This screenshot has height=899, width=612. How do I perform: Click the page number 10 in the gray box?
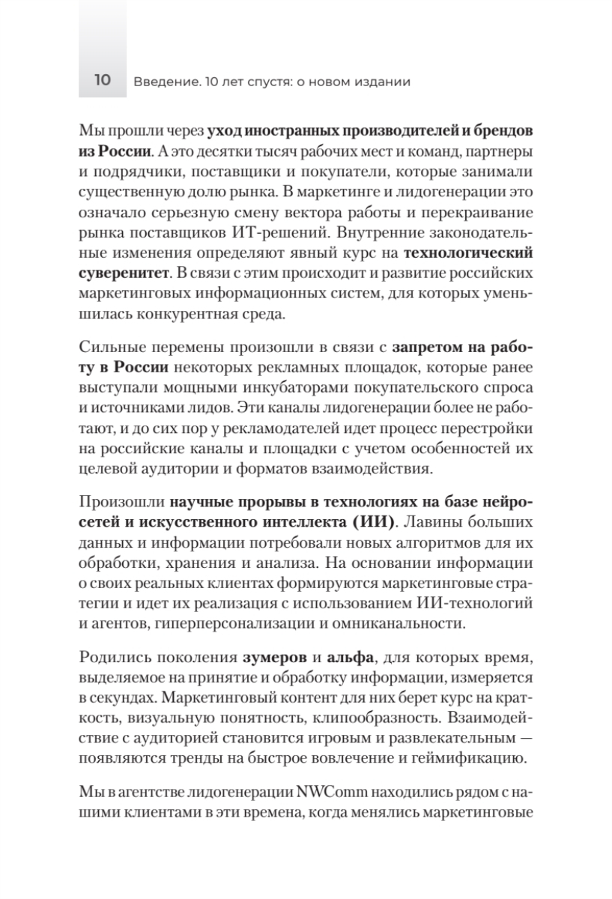tap(102, 81)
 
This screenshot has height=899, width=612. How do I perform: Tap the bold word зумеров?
tap(275, 659)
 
